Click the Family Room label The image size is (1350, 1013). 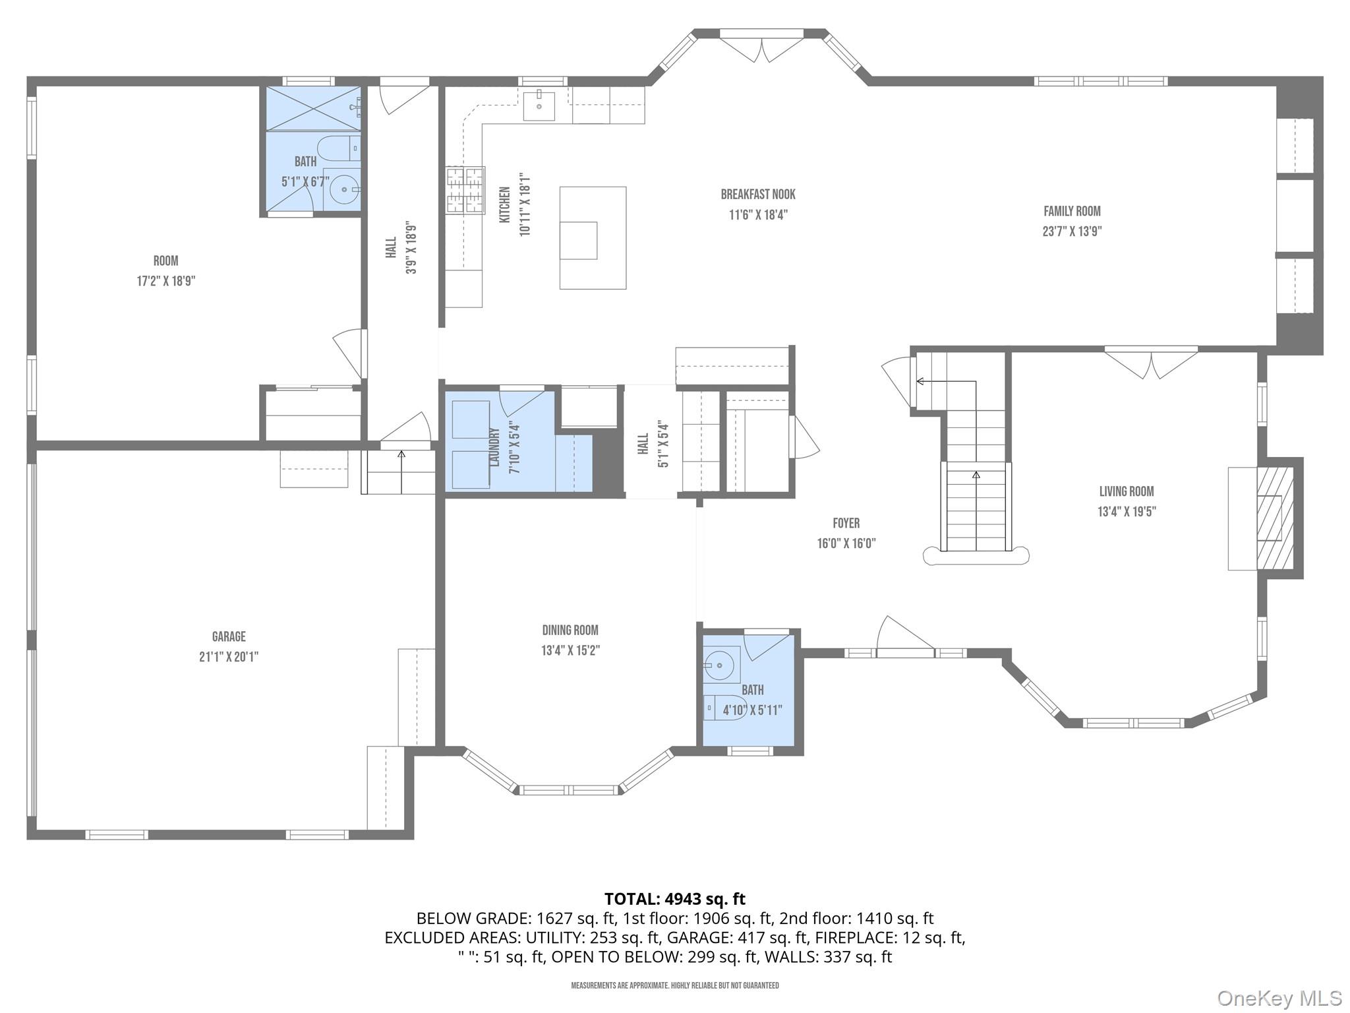1072,212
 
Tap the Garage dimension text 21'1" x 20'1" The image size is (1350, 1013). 229,657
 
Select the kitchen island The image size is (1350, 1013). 593,237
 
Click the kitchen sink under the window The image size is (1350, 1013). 539,106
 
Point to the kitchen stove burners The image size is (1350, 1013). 465,190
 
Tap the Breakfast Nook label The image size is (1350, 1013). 758,195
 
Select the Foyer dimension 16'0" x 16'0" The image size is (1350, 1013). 846,543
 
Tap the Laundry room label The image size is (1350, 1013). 494,447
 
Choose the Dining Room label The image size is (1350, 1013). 570,630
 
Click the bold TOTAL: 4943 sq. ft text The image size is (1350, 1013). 674,899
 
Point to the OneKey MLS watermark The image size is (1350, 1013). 1279,998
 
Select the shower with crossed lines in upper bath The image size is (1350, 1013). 312,109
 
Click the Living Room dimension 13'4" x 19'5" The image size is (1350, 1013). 1127,512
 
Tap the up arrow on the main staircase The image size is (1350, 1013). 976,475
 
